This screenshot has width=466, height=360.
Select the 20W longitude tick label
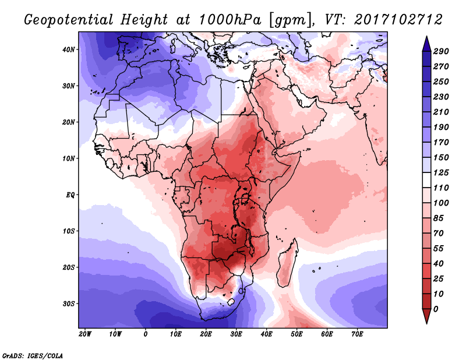coord(85,334)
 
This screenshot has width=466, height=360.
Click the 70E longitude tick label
coord(358,334)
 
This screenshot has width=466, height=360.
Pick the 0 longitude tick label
coord(146,334)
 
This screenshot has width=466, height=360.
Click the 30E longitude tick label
coord(236,334)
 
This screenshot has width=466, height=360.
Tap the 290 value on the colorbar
coord(441,52)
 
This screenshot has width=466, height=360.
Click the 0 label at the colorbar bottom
coord(436,309)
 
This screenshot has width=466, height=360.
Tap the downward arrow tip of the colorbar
coord(426,322)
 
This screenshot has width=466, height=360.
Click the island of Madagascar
coord(286,262)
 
